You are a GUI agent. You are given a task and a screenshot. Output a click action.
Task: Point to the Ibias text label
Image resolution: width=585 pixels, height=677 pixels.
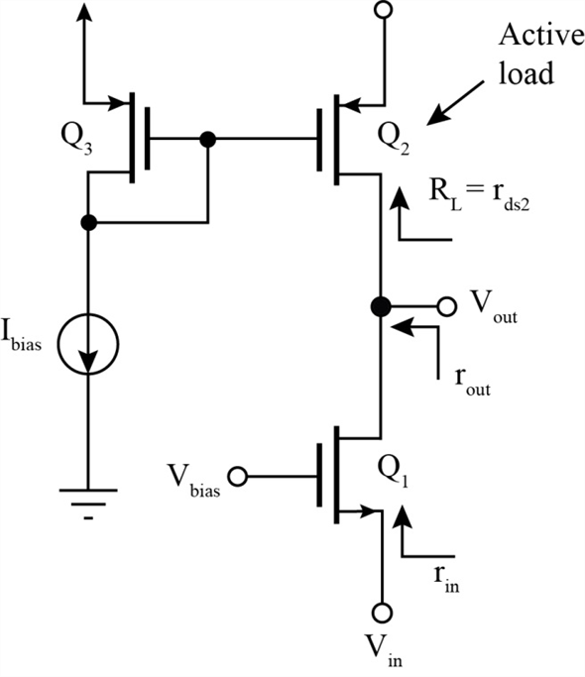22,335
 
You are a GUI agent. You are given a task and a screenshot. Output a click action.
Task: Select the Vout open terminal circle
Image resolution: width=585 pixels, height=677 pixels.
447,306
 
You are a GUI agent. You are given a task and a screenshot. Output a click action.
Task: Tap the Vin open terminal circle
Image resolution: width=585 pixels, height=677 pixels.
382,613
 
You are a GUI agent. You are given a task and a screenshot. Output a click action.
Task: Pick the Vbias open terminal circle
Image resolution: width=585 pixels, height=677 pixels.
237,477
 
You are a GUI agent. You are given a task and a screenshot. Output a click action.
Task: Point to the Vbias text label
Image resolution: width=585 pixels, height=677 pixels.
193,481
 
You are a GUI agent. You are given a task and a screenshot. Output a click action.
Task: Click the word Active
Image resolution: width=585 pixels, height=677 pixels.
541,35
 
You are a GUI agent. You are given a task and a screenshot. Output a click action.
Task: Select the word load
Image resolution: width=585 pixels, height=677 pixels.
526,72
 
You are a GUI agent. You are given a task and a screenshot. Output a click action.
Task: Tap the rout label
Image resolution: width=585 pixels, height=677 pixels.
473,382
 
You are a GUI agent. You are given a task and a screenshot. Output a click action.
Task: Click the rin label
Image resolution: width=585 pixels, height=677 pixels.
447,578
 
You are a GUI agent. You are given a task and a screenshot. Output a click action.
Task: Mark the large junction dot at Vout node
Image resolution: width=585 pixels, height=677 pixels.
381,306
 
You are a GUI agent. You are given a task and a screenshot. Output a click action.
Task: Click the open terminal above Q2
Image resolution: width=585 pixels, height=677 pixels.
383,10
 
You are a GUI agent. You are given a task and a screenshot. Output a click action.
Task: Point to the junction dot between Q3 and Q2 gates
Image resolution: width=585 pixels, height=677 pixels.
208,139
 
